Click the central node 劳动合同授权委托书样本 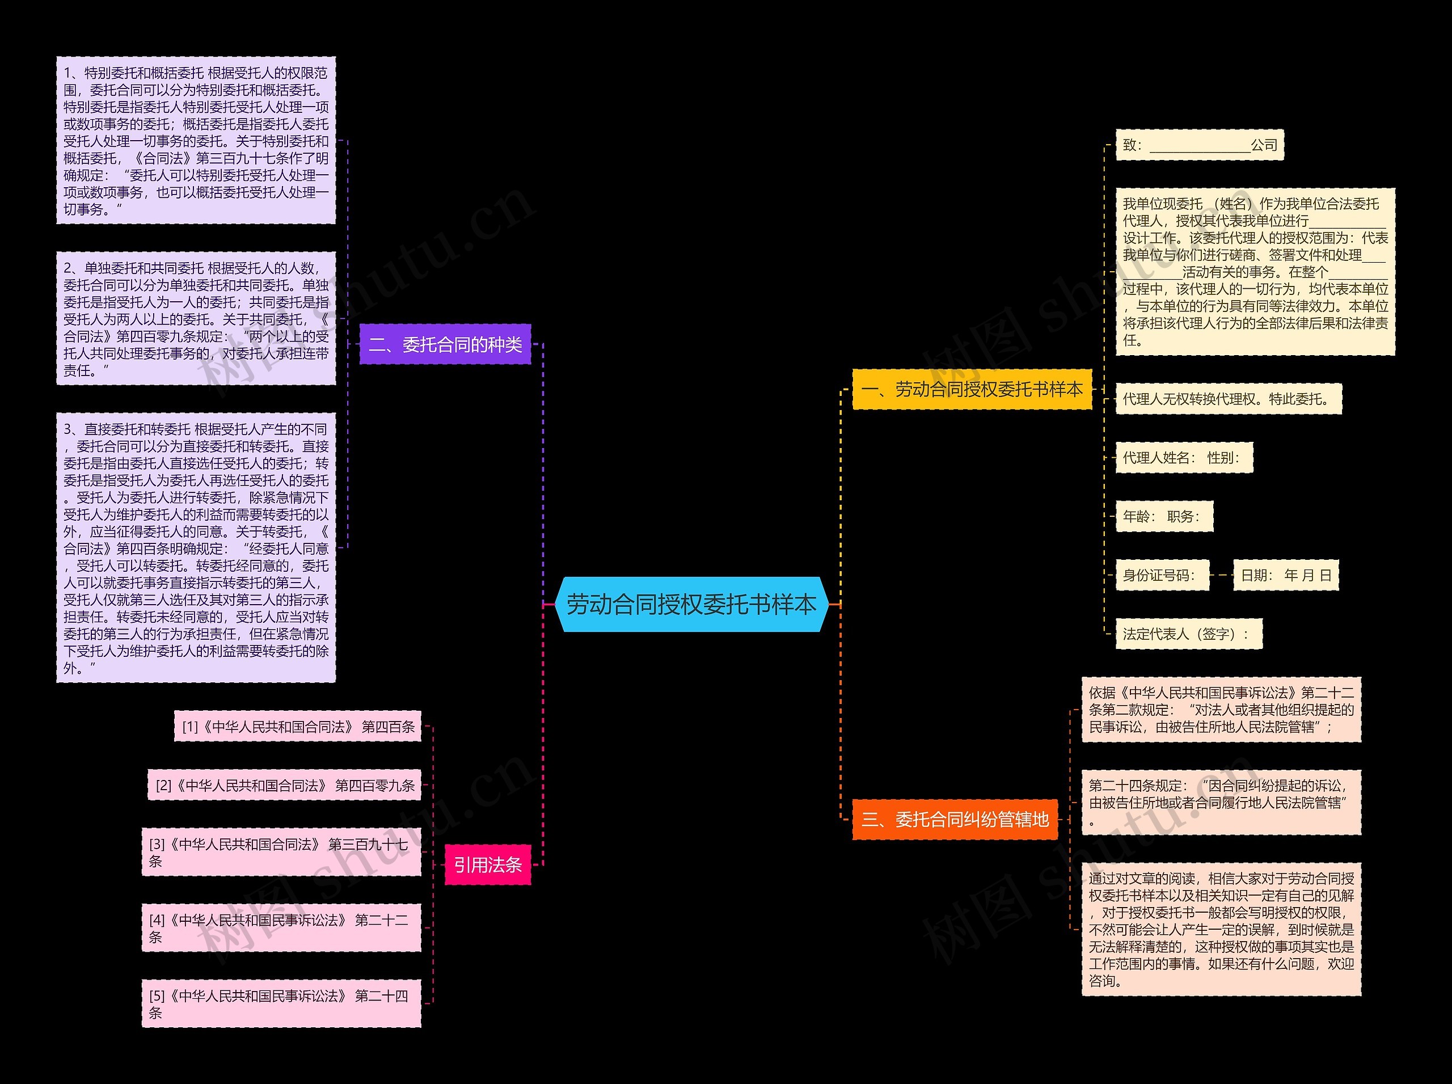[691, 604]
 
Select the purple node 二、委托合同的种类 [445, 344]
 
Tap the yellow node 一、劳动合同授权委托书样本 [972, 390]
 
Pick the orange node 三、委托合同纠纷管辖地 [955, 819]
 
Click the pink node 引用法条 [488, 865]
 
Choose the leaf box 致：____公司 [1200, 145]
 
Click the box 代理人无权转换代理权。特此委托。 [1229, 399]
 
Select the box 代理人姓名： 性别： [1184, 457]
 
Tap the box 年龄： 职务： [1164, 516]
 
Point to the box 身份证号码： [1162, 575]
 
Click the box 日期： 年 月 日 [1285, 575]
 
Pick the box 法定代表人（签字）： [1188, 634]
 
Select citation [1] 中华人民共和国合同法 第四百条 [297, 727]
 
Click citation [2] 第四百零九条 [284, 786]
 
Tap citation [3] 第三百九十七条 [281, 852]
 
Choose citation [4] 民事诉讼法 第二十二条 [281, 928]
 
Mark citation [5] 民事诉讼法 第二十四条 [281, 1003]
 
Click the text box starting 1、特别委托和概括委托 [196, 141]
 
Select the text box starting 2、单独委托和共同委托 [196, 319]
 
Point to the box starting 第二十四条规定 [1221, 803]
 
